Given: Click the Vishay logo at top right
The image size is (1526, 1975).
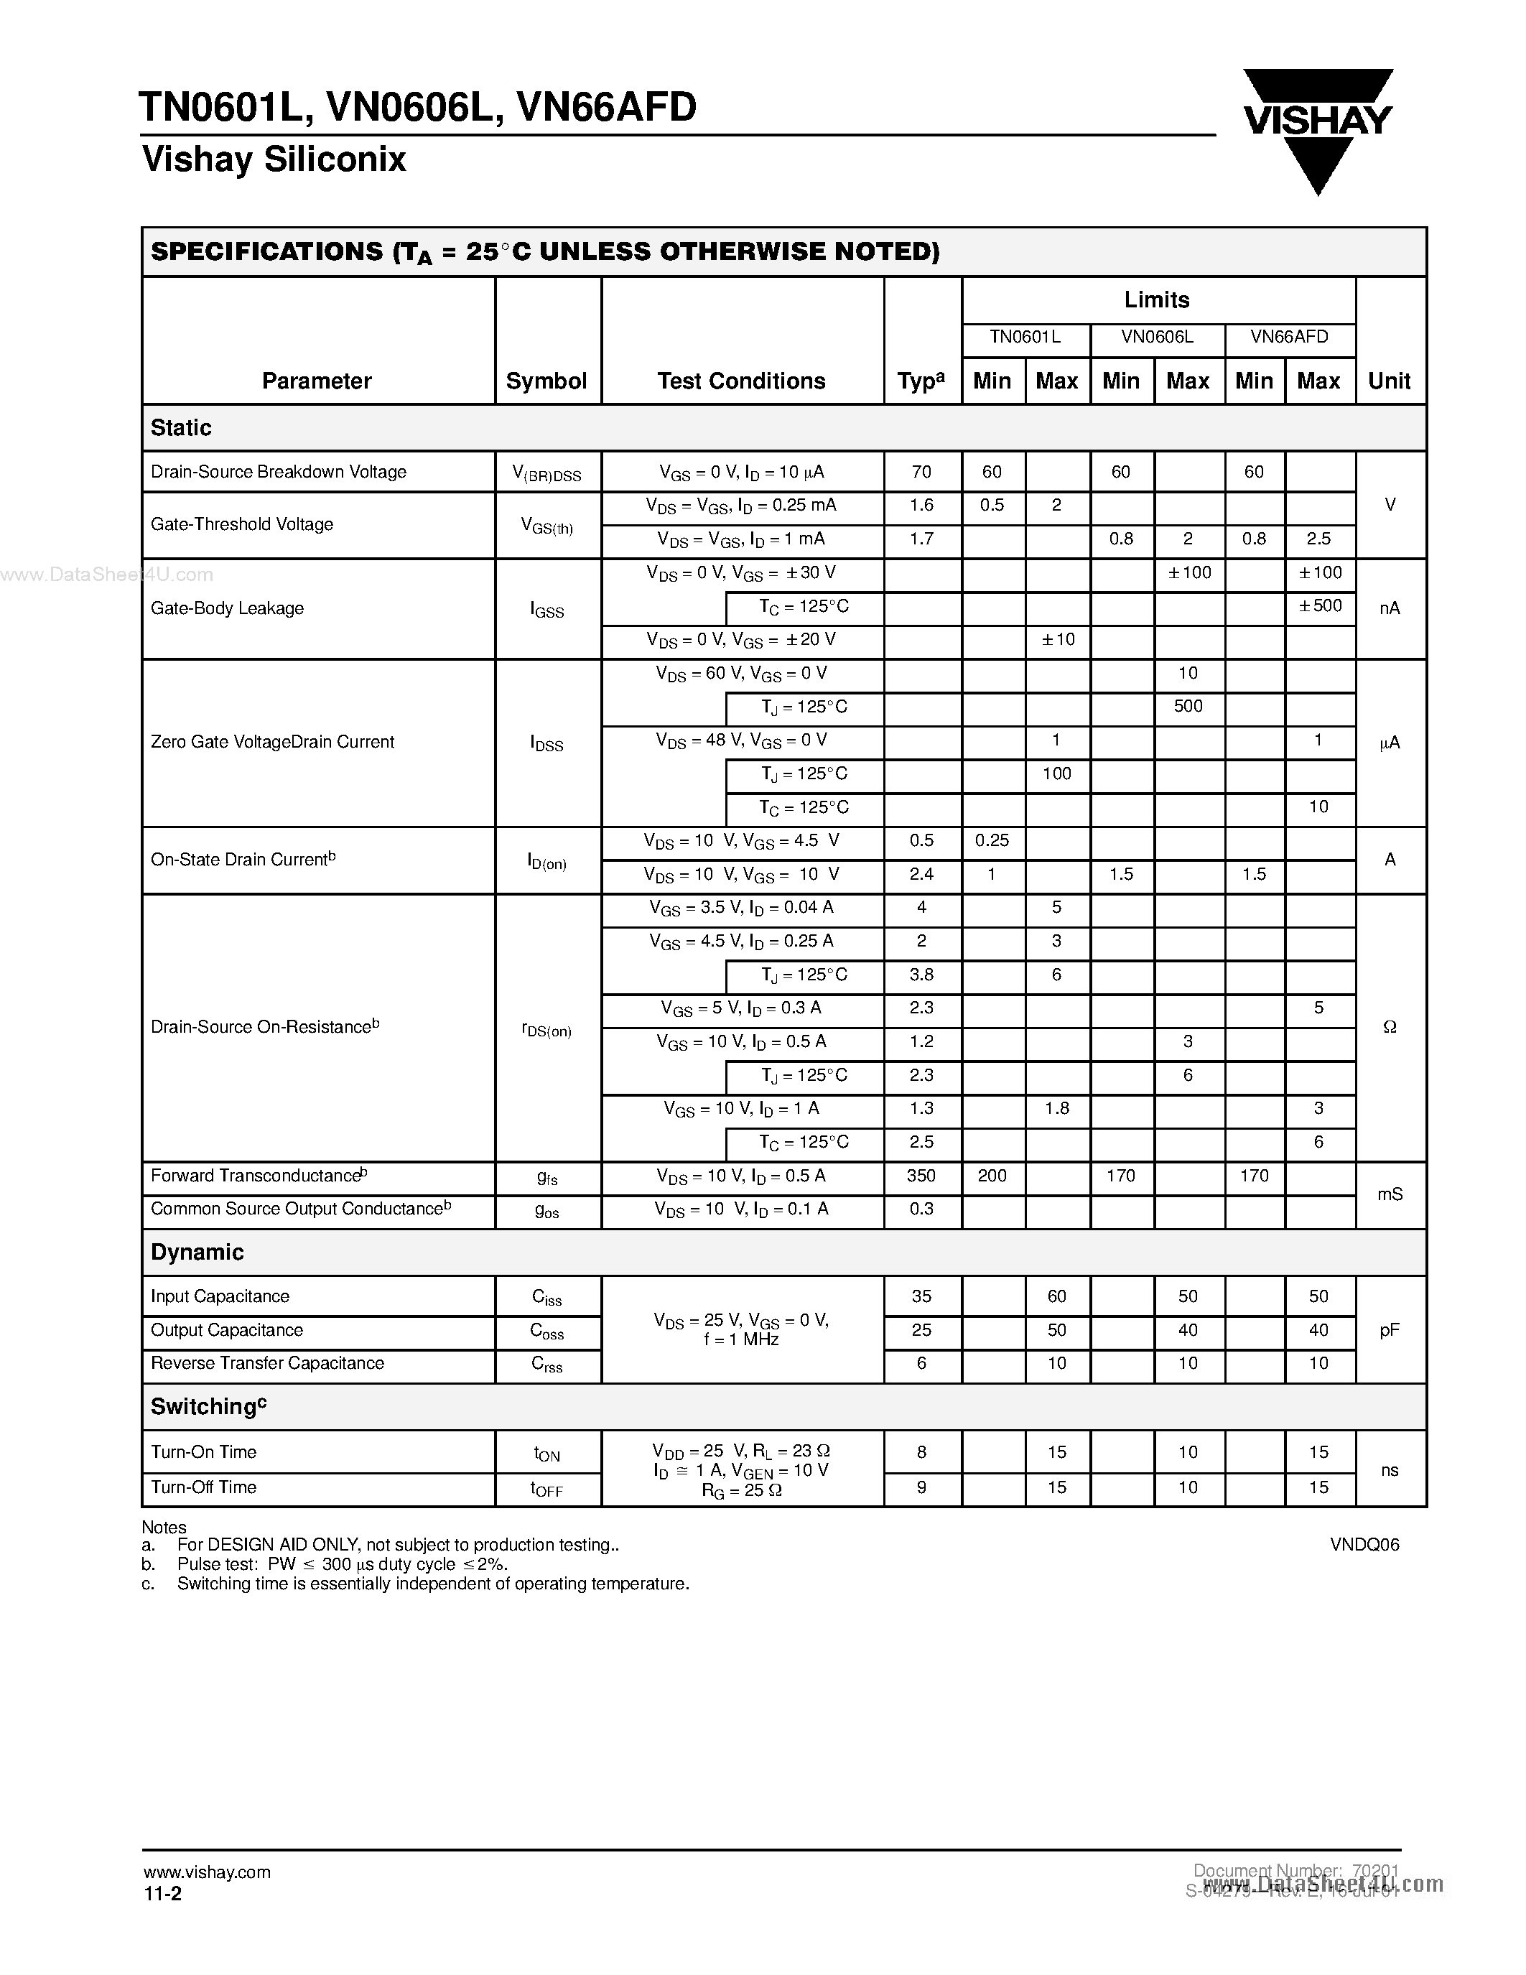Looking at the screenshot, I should coord(1317,126).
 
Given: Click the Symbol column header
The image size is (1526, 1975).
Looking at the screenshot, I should coord(546,381).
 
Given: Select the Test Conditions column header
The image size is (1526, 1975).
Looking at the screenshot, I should coord(741,381).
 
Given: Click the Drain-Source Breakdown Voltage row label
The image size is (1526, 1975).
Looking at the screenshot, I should coord(279,472).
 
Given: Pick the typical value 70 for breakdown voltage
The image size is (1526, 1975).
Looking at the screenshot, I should coord(921,472).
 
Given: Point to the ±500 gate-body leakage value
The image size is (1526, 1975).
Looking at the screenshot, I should coord(1320,606).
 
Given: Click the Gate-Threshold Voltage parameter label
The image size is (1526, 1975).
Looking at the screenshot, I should coord(241,524).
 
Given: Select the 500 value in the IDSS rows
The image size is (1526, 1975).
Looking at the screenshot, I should coord(1187,706).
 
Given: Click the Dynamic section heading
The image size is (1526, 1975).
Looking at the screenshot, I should coord(197,1253).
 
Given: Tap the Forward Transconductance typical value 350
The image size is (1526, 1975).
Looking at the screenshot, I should coord(921,1176).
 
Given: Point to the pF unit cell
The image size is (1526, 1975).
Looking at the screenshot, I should coord(1390,1330).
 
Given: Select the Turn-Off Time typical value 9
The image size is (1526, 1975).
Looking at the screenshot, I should coord(921,1487).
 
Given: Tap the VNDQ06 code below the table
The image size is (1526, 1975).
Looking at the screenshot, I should coord(1363,1546).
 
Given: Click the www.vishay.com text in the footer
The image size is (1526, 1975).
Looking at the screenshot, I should coord(207,1872).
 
